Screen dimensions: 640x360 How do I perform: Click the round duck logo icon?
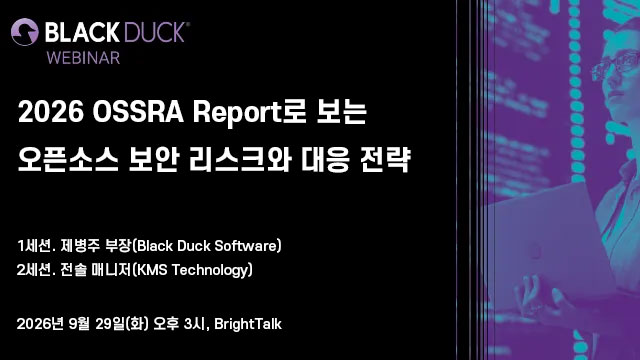(x=25, y=32)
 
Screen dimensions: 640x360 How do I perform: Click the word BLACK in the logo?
(x=82, y=32)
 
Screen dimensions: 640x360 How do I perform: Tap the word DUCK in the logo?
(x=154, y=32)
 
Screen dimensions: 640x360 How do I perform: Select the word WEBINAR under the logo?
(x=83, y=58)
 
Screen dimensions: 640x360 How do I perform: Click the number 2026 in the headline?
(x=51, y=112)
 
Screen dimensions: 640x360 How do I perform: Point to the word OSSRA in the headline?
(x=138, y=112)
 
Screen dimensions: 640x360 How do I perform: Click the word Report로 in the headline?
(x=249, y=112)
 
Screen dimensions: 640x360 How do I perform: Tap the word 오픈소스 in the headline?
(x=68, y=159)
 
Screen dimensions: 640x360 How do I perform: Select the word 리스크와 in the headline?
(x=240, y=159)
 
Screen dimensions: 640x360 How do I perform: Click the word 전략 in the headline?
(x=385, y=159)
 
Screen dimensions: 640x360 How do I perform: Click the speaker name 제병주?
(x=80, y=246)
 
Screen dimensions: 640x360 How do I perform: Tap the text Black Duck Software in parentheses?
(x=207, y=246)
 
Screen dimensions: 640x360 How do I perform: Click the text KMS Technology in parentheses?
(x=192, y=270)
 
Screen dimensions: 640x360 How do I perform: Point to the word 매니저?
(x=111, y=270)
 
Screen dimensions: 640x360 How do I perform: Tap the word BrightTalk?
(x=248, y=324)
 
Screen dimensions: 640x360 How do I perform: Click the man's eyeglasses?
(x=615, y=64)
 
